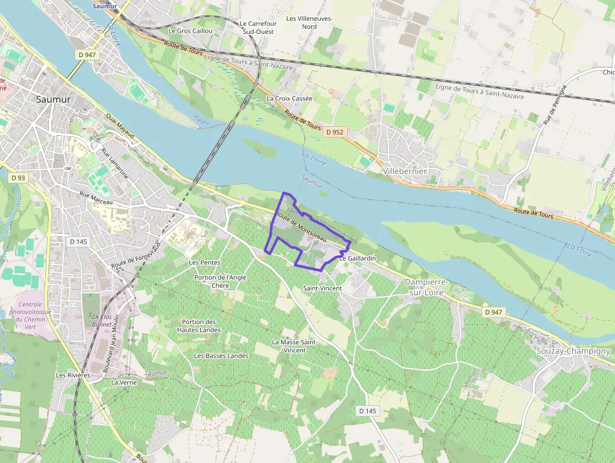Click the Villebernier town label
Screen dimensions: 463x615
(405, 171)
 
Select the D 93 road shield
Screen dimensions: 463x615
(18, 178)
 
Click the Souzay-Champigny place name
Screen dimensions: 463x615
(573, 351)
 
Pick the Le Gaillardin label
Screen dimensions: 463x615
(358, 258)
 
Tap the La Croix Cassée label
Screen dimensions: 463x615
(289, 99)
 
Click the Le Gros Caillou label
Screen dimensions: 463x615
(191, 30)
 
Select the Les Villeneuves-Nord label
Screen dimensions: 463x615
(309, 23)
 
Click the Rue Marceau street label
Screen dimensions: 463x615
(96, 198)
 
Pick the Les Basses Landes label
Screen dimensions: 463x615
(222, 356)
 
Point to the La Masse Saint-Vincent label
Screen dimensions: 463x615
(294, 346)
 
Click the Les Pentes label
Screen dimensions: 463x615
(205, 262)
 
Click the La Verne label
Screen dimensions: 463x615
(124, 382)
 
